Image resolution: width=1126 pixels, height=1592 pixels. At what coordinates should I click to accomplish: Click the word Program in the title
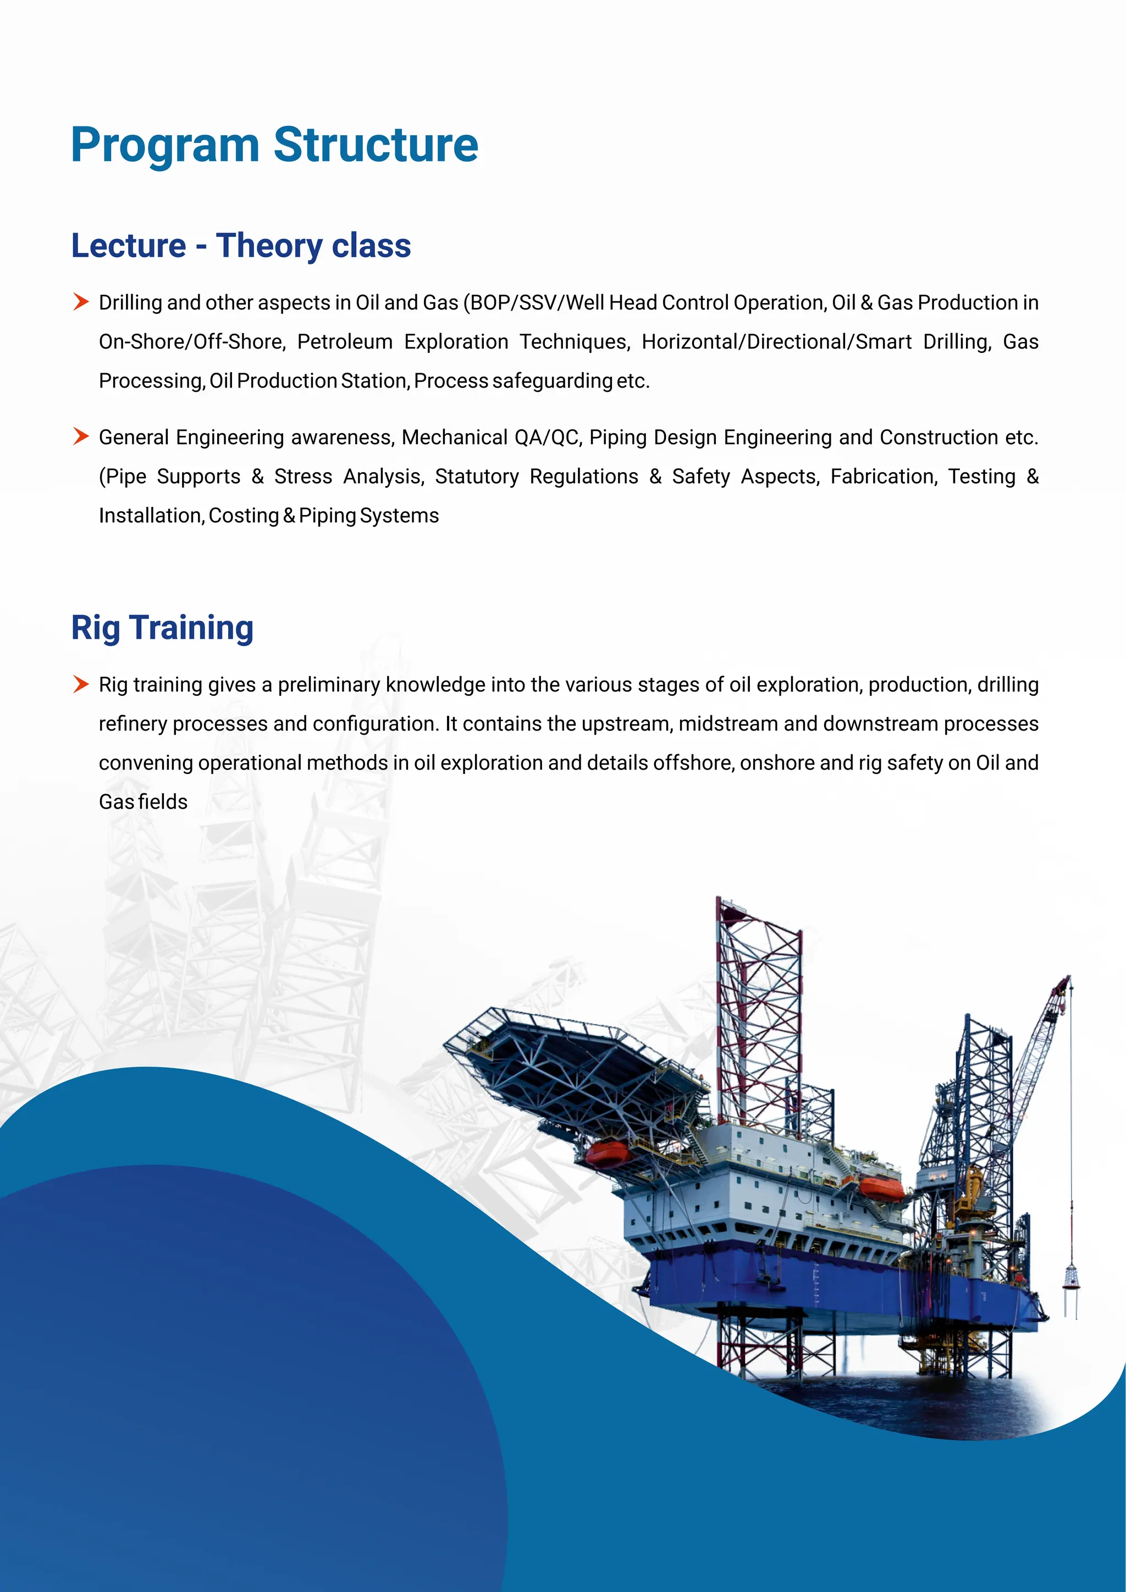[x=165, y=146]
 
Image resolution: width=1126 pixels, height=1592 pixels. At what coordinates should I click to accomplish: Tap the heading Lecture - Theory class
[x=241, y=246]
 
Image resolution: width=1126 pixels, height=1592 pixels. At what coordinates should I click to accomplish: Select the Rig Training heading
[x=162, y=627]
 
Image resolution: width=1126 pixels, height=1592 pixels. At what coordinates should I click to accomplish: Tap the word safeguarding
[x=552, y=380]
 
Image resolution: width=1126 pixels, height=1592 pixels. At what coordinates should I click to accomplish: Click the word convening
[x=145, y=762]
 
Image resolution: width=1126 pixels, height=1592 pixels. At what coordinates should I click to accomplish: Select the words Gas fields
[x=143, y=802]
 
